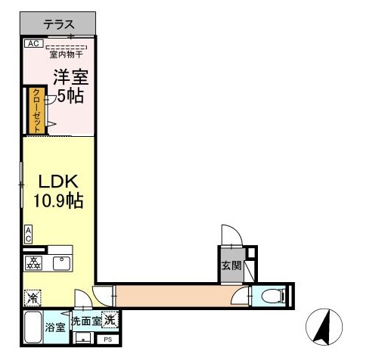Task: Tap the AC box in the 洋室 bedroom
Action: click(32, 44)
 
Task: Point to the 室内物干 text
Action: click(67, 54)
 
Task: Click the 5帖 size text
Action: click(70, 96)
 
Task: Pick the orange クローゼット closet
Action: click(35, 110)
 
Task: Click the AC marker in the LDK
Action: click(28, 234)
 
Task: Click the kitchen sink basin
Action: click(61, 263)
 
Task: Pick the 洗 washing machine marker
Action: click(110, 320)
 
